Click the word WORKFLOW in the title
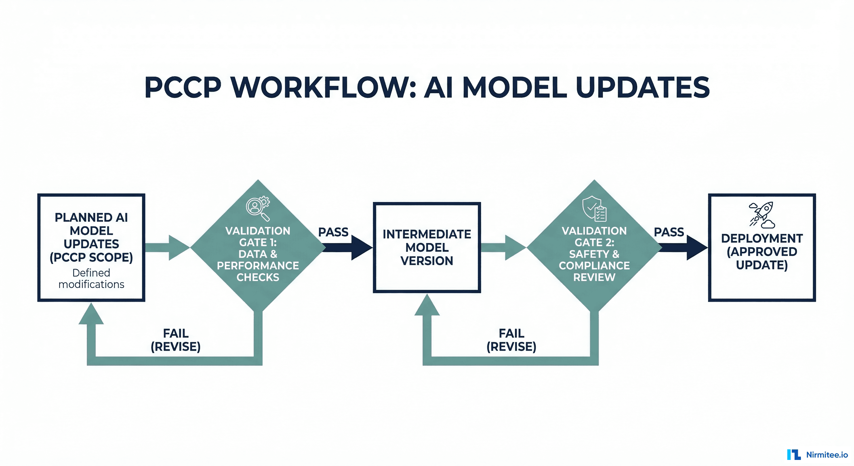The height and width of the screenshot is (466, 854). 323,88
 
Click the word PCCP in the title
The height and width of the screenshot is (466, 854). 183,88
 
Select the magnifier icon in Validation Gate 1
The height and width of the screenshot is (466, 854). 257,208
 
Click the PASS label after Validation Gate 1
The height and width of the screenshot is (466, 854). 333,232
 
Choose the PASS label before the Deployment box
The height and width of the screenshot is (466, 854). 669,232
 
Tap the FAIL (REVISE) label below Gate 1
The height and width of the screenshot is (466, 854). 176,340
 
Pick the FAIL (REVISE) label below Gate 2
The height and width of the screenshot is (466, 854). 511,340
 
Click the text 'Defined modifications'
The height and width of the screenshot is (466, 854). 91,279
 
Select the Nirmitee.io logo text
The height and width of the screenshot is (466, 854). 827,455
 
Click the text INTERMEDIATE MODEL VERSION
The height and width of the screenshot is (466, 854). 427,248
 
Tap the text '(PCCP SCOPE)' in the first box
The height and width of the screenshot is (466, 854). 91,257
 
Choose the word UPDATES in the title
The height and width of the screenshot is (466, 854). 643,88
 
